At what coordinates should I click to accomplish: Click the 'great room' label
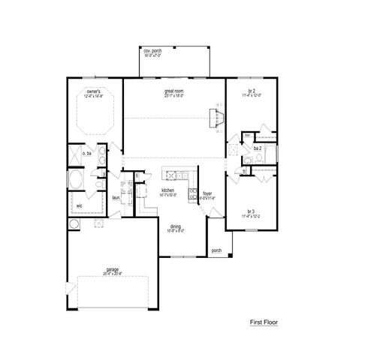pos(174,91)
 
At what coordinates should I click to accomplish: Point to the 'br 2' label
pos(253,91)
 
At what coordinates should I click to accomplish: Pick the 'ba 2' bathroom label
pos(258,148)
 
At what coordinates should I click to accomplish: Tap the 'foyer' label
pos(207,193)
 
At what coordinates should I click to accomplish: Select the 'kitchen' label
pos(168,190)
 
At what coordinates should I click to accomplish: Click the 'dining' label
pos(175,227)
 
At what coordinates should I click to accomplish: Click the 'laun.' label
pos(116,197)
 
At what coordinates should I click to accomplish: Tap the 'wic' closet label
pos(79,204)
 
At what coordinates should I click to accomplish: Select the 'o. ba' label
pos(86,152)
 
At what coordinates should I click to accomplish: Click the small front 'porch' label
pos(216,250)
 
